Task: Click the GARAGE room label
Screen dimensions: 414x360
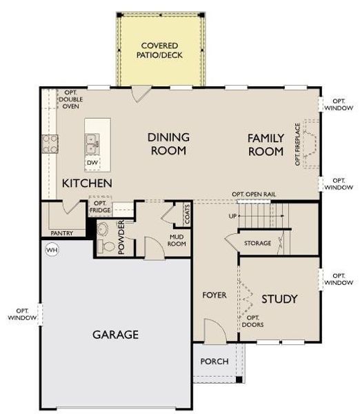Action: point(116,335)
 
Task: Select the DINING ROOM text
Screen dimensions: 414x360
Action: point(168,144)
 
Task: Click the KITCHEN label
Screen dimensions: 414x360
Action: point(87,183)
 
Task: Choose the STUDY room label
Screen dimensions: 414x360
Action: point(279,299)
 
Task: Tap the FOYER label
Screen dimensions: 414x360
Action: point(214,295)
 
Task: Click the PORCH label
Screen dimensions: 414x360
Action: point(214,362)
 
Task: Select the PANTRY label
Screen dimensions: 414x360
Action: point(63,233)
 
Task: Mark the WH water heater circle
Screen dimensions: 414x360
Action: point(51,249)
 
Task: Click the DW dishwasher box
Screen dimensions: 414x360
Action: point(92,163)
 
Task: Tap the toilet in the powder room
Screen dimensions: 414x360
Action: point(104,239)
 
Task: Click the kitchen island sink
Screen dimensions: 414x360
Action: point(92,143)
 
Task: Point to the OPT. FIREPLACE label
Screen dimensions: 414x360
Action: point(298,144)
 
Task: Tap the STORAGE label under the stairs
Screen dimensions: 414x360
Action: point(257,244)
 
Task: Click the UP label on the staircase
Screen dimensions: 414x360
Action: point(232,216)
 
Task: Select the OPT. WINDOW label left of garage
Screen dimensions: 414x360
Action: point(21,314)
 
